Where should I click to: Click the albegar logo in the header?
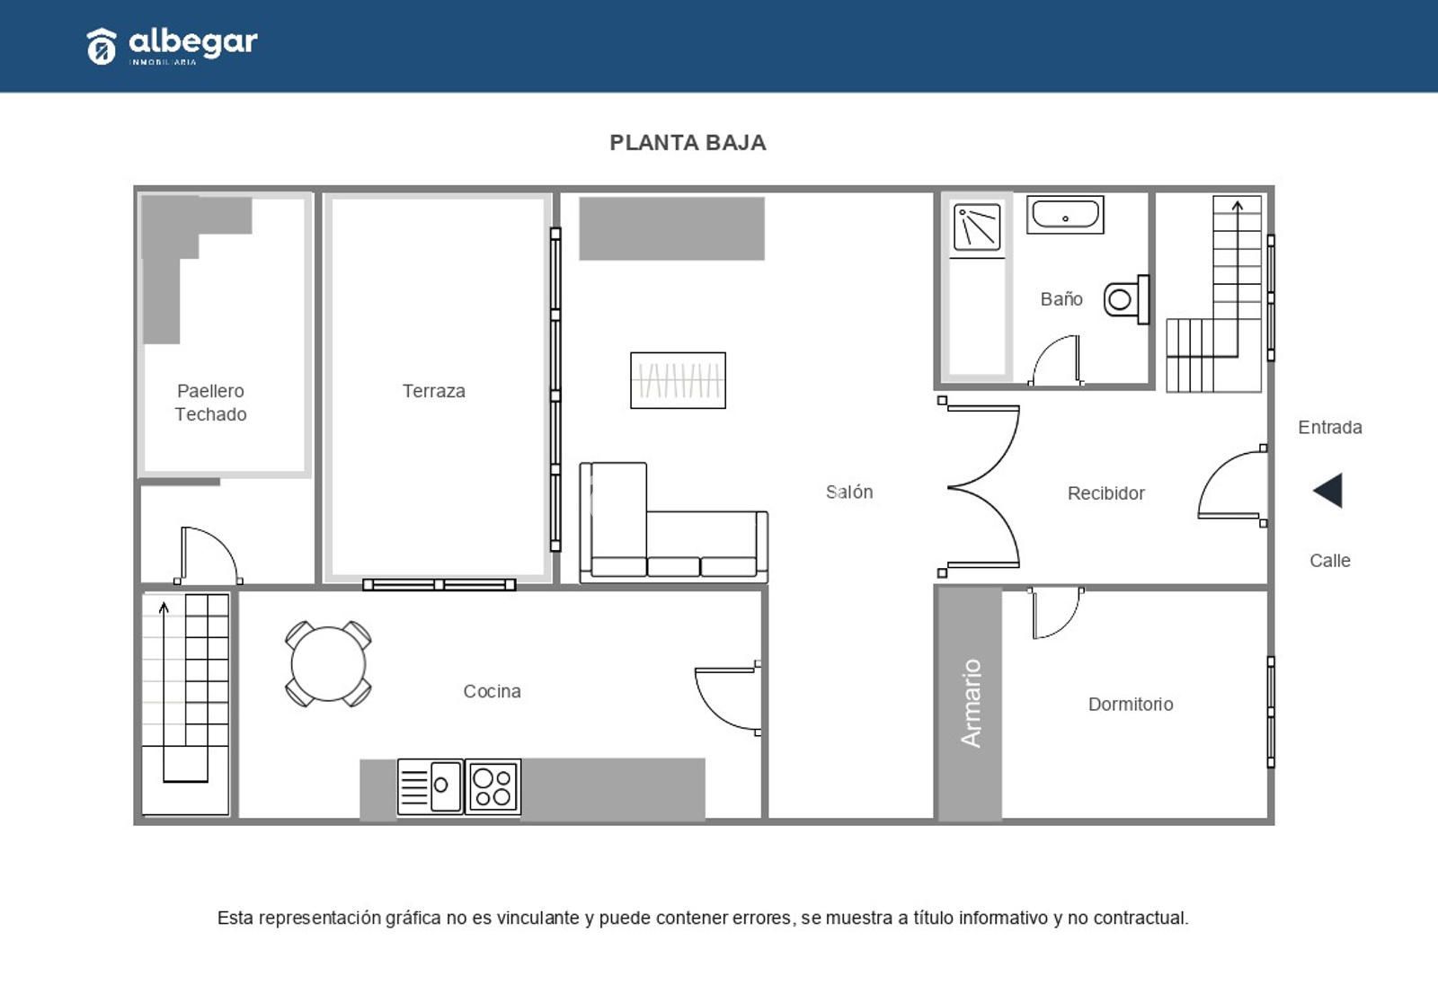[172, 46]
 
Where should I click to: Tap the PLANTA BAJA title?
[688, 143]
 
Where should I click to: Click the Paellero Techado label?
[210, 403]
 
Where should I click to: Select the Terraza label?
[434, 391]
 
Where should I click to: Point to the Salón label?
[848, 492]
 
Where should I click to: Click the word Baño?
[1061, 298]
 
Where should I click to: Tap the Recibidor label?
[1106, 493]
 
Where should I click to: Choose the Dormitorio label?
[1131, 705]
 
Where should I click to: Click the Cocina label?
[492, 691]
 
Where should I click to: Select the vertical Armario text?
[971, 703]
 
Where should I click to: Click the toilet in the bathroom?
[1127, 300]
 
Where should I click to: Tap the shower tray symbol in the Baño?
[977, 227]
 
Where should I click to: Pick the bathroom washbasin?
[1065, 215]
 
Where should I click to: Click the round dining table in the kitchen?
[328, 664]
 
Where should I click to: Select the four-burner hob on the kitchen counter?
[493, 787]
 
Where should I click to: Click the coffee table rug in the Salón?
[678, 380]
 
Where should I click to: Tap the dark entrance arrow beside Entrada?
[1327, 491]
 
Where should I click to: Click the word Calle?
[1329, 561]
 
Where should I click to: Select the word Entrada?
[1329, 427]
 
